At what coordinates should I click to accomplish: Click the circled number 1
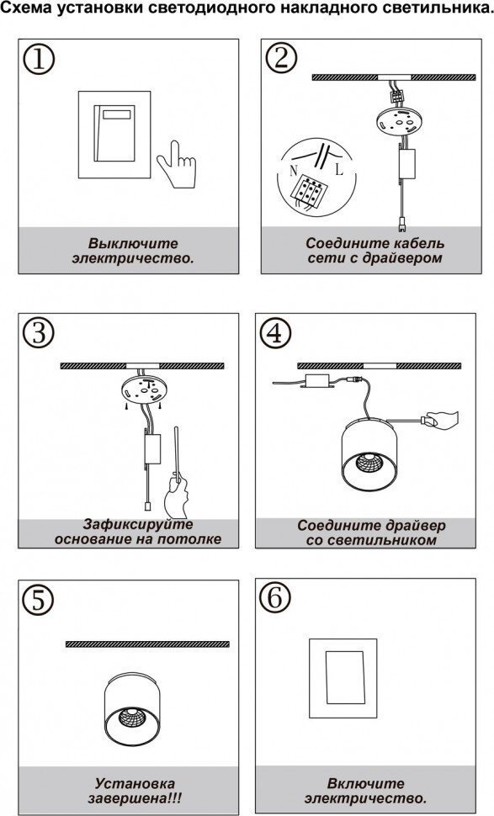[39, 60]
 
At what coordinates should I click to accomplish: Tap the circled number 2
[281, 58]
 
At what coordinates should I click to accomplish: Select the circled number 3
[39, 333]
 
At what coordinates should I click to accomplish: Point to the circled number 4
[275, 333]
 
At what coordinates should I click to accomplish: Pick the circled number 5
[39, 601]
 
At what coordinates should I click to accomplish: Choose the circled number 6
[275, 598]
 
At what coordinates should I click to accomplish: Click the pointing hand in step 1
[177, 164]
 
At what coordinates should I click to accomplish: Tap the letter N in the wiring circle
[294, 170]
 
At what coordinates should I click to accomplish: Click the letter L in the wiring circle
[339, 170]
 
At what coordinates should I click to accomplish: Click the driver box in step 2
[407, 164]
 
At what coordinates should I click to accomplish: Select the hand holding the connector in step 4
[441, 420]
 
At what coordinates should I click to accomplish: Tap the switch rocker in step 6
[345, 677]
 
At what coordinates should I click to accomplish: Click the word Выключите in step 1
[133, 244]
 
